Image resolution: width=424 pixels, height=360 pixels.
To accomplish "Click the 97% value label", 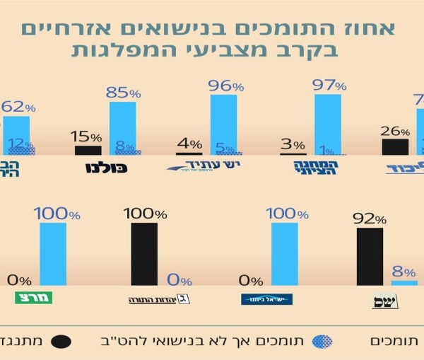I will (331, 86).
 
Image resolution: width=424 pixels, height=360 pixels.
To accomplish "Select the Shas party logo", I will (385, 301).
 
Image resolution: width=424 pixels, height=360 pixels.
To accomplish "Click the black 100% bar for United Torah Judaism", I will (144, 255).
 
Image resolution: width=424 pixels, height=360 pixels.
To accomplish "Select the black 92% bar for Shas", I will (370, 257).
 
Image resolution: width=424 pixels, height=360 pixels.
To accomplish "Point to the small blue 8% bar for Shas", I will (404, 283).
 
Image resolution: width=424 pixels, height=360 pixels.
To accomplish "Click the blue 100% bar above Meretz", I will (53, 255).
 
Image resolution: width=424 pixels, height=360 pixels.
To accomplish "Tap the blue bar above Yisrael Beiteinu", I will (284, 255).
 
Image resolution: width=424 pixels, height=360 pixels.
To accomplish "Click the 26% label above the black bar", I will (395, 131).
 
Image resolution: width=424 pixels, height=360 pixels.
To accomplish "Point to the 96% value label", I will (227, 86).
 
